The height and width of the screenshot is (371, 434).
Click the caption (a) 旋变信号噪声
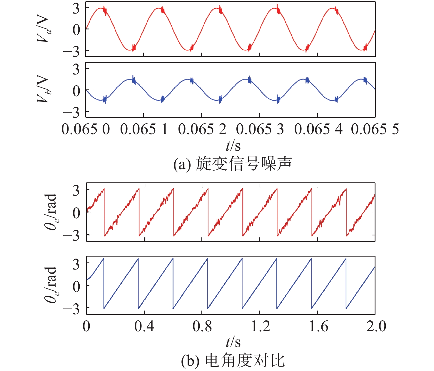tap(232, 164)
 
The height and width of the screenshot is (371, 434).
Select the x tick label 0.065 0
tap(86, 129)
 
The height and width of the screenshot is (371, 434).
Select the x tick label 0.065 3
tap(260, 129)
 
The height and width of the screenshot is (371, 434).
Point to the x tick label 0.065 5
tap(375, 129)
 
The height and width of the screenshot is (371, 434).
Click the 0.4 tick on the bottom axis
tap(144, 326)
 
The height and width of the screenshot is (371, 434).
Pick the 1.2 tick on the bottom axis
tap(260, 326)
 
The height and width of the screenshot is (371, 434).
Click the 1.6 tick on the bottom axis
tap(318, 326)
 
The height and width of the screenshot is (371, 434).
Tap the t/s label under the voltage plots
tap(233, 145)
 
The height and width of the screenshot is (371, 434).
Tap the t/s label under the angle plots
tap(233, 342)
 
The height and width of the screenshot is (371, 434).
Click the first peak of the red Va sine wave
tap(100, 8)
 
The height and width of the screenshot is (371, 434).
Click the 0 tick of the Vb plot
tap(76, 90)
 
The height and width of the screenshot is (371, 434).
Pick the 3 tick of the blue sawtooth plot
tap(76, 264)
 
